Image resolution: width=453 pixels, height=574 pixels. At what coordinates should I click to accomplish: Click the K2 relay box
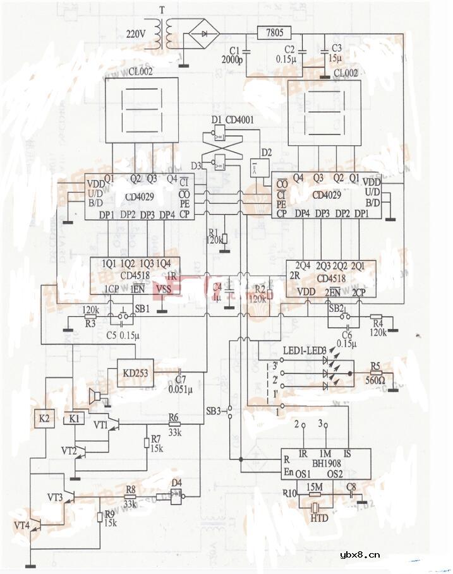pos(44,419)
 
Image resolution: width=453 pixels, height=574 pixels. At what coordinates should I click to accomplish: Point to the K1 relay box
pos(75,419)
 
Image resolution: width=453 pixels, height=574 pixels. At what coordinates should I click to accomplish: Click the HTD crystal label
pos(319,518)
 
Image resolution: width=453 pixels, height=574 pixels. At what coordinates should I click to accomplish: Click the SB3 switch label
pos(214,411)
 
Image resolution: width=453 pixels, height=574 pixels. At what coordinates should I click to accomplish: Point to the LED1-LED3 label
pos(305,350)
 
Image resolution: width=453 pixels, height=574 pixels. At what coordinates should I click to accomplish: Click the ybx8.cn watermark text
pos(359,556)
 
